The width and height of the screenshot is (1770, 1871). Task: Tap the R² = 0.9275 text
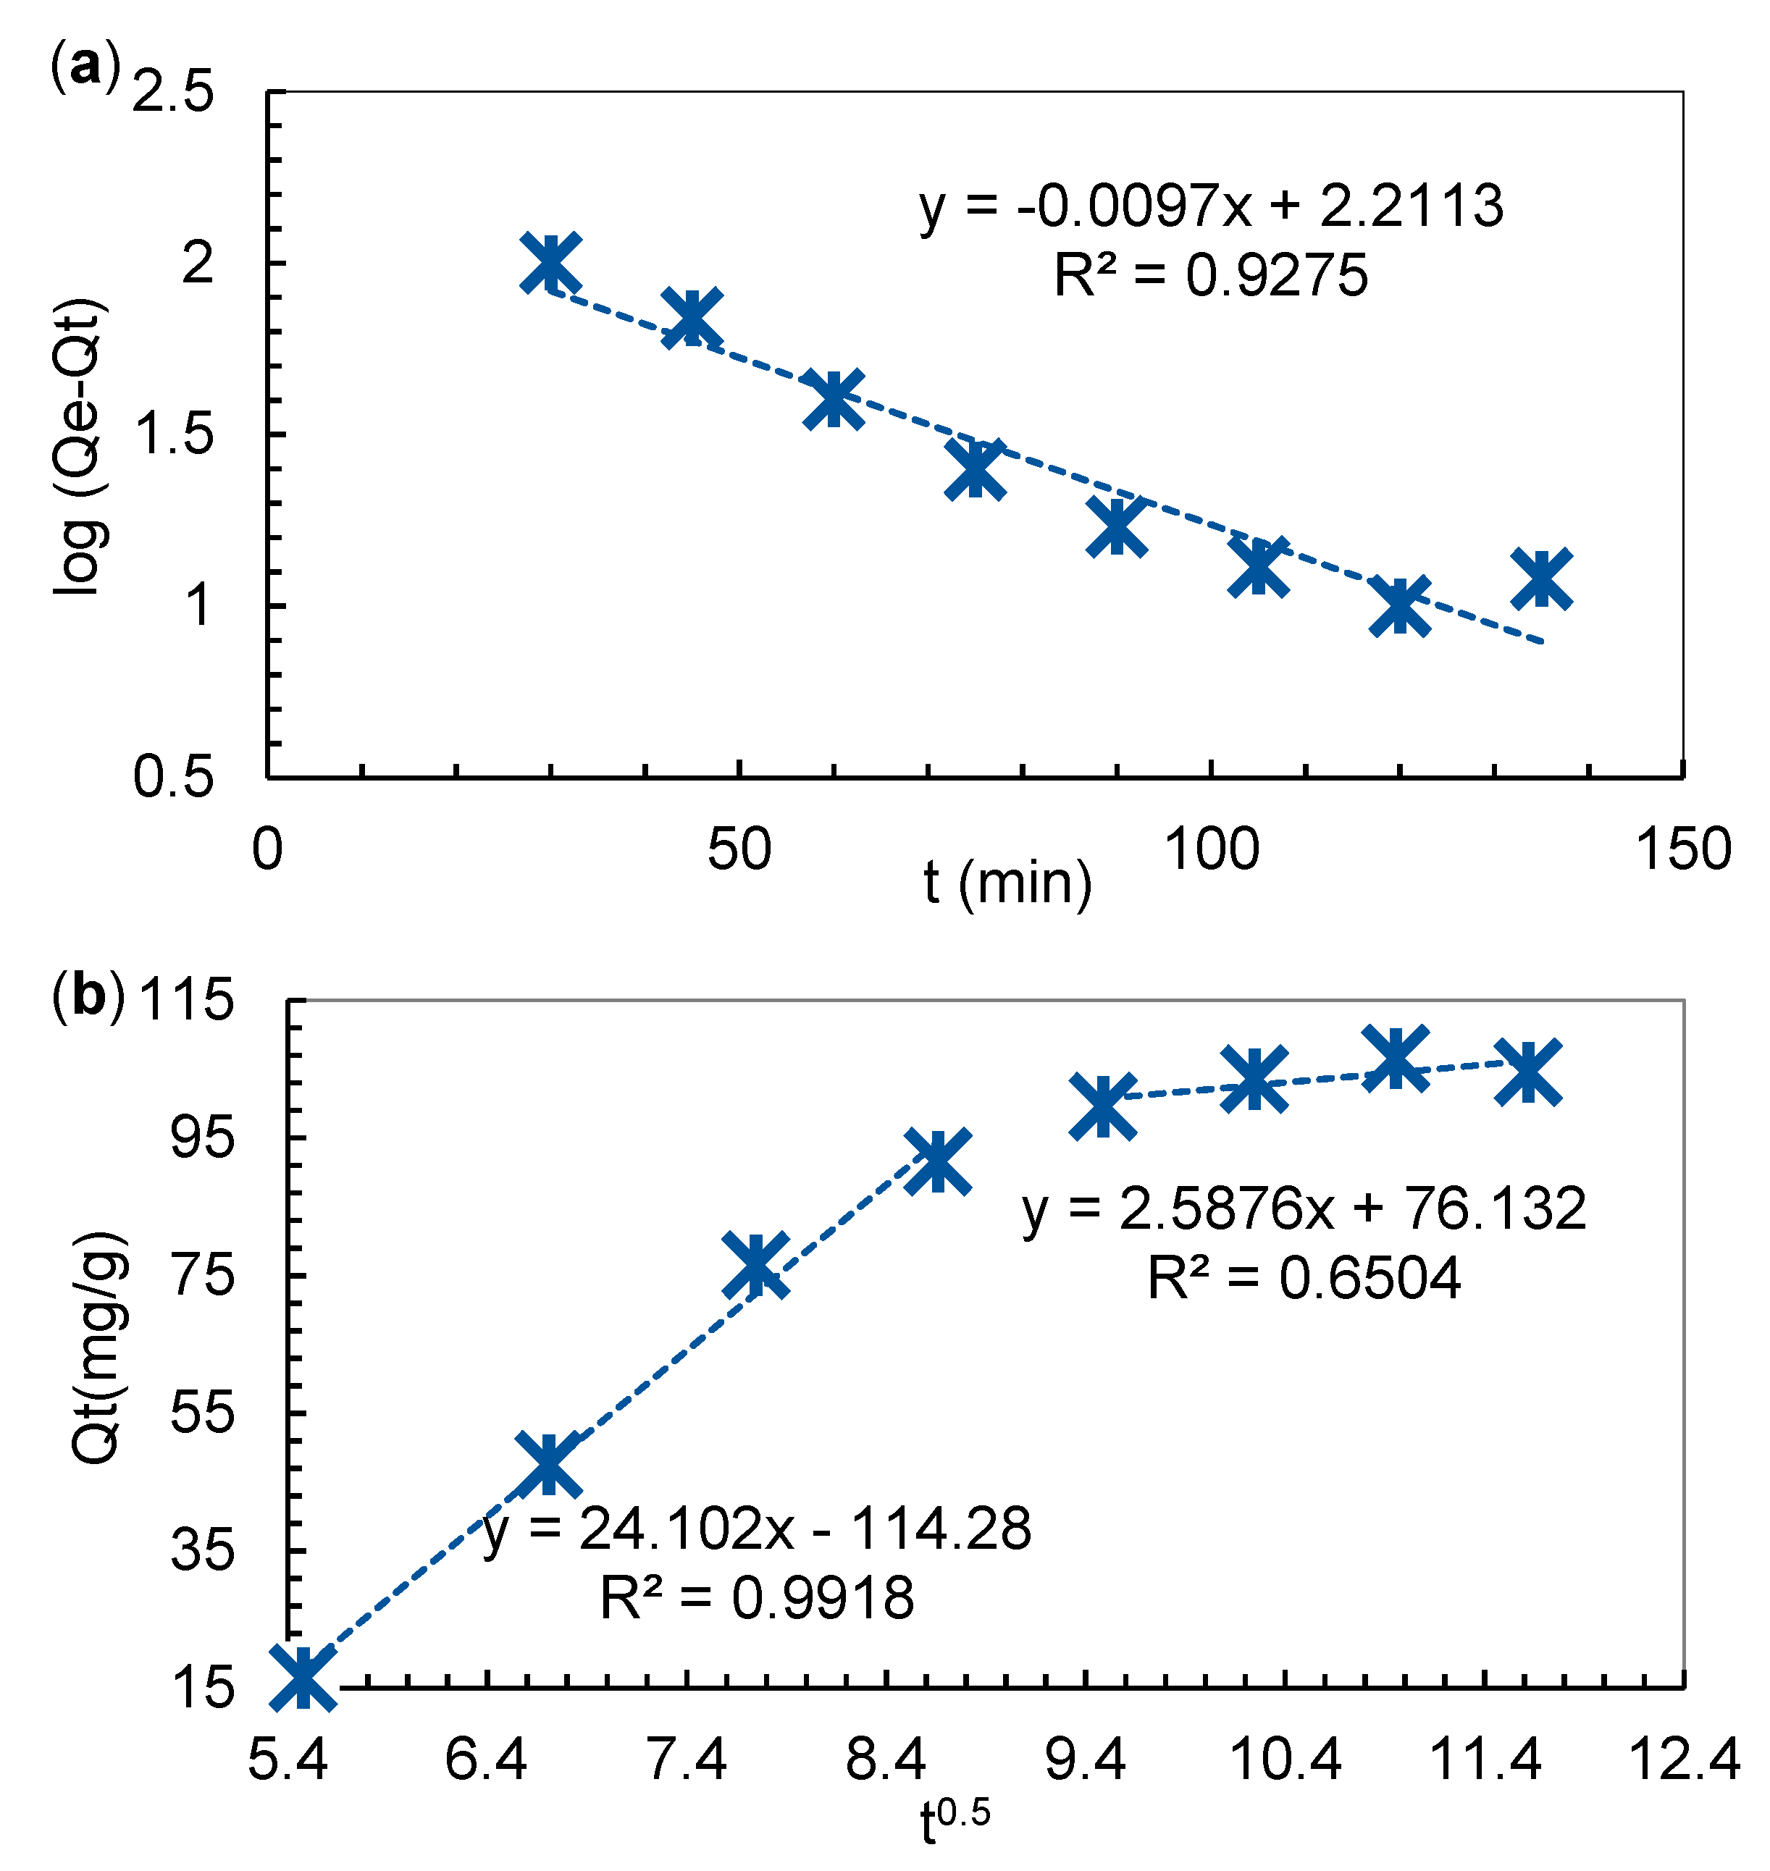coord(1210,277)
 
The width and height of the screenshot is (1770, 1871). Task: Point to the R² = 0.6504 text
coord(1304,1279)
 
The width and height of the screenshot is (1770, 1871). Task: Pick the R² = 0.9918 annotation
coord(757,1598)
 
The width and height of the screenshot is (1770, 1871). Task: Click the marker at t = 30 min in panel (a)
coord(551,262)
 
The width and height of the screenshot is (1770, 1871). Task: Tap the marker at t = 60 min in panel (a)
coord(833,398)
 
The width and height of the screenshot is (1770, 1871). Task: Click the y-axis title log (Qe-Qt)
coord(80,446)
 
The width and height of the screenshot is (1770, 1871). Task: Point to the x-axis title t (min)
coord(1007,883)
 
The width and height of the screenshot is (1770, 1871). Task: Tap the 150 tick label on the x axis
coord(1683,849)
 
